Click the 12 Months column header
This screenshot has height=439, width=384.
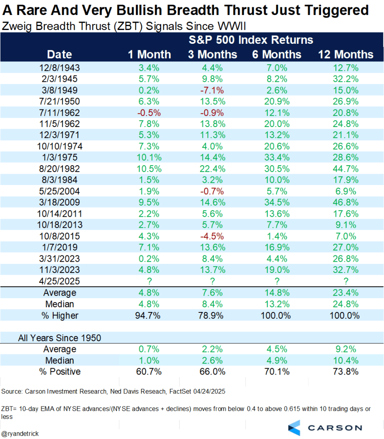pyautogui.click(x=345, y=54)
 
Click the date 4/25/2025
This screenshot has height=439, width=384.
pyautogui.click(x=60, y=281)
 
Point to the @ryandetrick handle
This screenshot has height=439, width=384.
pyautogui.click(x=20, y=433)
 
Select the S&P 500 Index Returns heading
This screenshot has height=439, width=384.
pyautogui.click(x=251, y=40)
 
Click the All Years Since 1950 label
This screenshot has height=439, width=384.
pyautogui.click(x=60, y=338)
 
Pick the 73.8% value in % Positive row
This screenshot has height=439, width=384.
pyautogui.click(x=345, y=372)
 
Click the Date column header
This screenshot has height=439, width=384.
pyautogui.click(x=60, y=54)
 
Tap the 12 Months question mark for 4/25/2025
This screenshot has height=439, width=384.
pyautogui.click(x=345, y=281)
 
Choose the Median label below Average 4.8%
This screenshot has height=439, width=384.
pyautogui.click(x=60, y=304)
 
